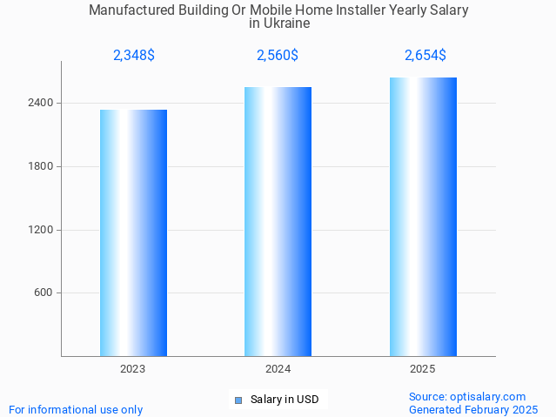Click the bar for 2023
133,232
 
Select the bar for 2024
278,221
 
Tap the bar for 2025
423,217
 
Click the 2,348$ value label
134,56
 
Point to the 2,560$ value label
278,56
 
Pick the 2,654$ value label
425,56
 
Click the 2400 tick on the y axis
40,103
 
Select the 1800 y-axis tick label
40,166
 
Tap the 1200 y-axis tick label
40,230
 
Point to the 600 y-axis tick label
44,293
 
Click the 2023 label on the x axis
133,369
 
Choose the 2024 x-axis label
278,369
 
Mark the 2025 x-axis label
423,369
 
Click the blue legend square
238,400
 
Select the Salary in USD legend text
285,400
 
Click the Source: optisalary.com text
467,397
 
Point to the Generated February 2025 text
473,409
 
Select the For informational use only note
76,409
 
